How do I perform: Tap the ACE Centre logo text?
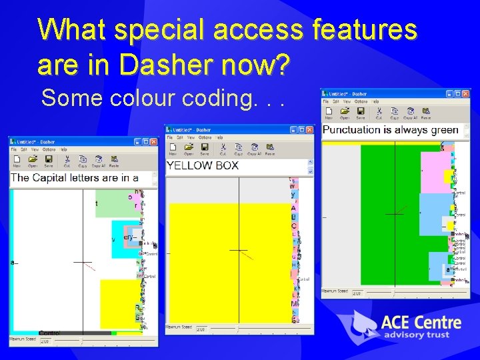[x=421, y=323]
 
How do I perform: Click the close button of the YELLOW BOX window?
[x=309, y=130]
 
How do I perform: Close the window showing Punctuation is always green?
[x=465, y=94]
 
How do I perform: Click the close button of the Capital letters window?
[x=153, y=142]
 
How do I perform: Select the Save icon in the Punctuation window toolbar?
[x=361, y=113]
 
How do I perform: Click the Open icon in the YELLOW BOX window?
[x=189, y=148]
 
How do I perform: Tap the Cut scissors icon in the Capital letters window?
[x=67, y=160]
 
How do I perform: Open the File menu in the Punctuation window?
[x=327, y=102]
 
